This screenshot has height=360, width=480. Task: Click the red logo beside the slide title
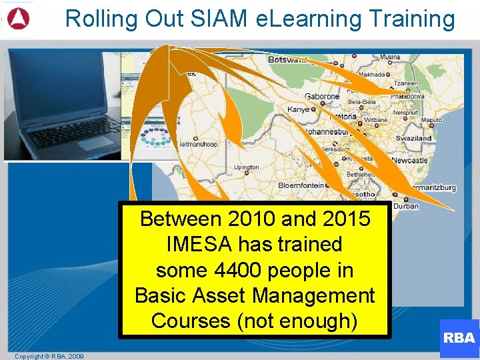(x=18, y=19)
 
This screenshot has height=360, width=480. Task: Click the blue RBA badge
(x=459, y=337)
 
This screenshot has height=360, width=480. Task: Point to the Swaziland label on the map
(x=414, y=138)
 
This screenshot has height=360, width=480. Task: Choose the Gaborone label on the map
(x=323, y=97)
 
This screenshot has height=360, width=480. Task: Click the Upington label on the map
(x=246, y=167)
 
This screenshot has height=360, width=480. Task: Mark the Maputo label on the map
(x=431, y=120)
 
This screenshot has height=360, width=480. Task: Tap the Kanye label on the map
(x=298, y=109)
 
